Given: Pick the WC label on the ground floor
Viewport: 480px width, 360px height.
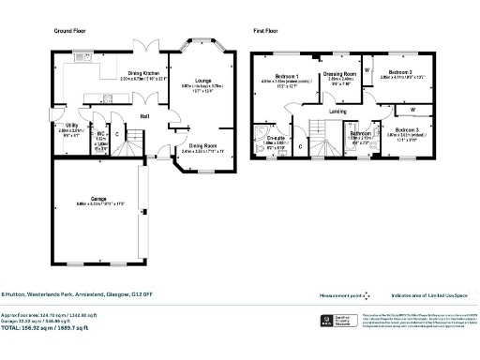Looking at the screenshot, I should click(x=100, y=134).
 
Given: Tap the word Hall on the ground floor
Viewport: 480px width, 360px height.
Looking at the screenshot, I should click(x=144, y=116).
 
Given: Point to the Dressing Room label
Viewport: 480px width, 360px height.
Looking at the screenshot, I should click(x=339, y=74).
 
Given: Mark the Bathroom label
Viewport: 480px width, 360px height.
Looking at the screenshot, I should click(x=360, y=134).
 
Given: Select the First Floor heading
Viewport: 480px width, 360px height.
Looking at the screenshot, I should click(x=265, y=30).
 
